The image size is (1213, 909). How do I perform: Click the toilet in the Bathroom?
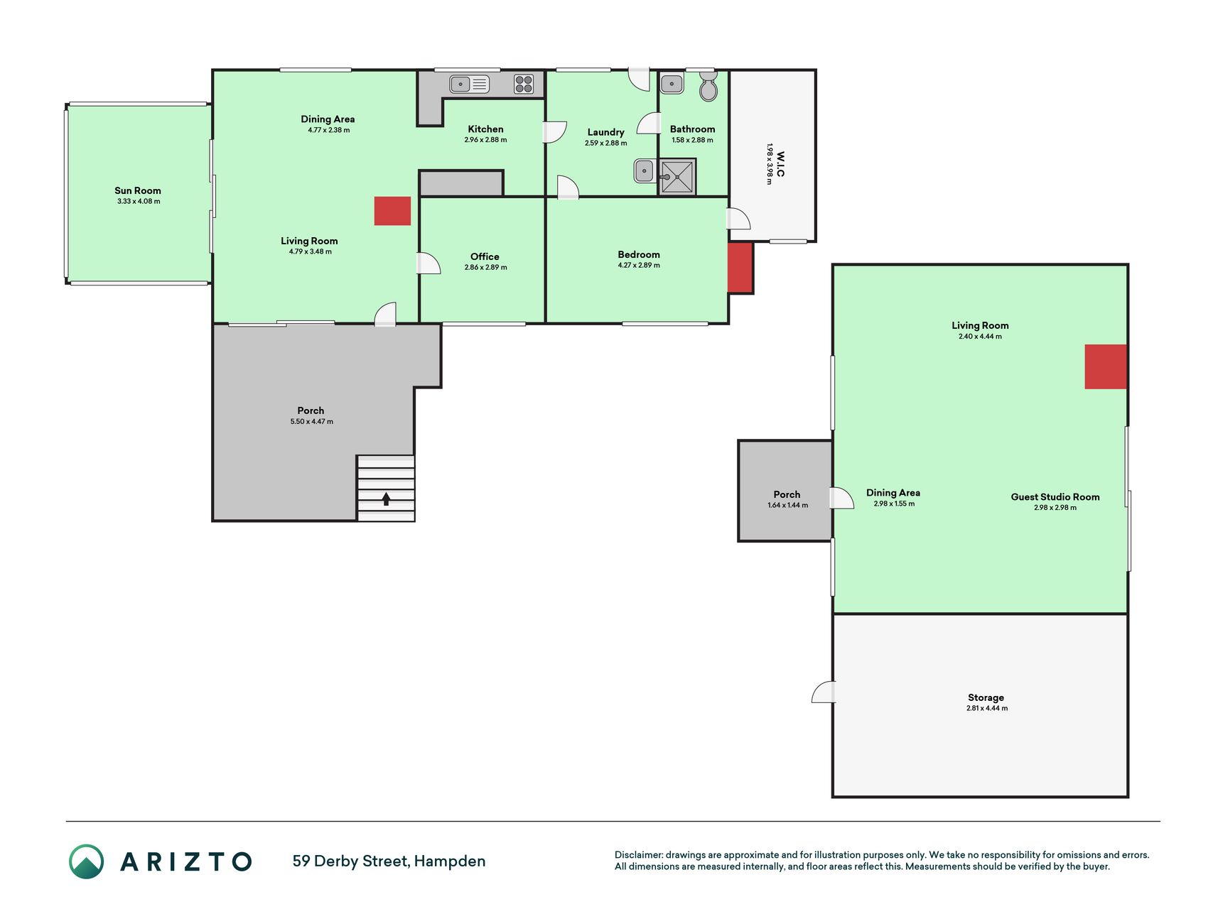point(708,87)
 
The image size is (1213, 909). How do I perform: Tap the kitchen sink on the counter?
point(470,85)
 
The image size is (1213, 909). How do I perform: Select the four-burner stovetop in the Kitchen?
point(524,84)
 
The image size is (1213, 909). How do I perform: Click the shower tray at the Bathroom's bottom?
point(676,176)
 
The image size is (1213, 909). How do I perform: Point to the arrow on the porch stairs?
point(386,499)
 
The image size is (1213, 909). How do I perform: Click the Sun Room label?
point(138,190)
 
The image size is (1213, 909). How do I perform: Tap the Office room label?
point(485,256)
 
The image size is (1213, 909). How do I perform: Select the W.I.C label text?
point(780,164)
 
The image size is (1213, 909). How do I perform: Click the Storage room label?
point(986,697)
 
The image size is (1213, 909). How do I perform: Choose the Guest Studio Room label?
point(1055,497)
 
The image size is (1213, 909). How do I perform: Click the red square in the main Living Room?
point(392,211)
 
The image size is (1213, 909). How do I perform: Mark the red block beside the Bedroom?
point(740,267)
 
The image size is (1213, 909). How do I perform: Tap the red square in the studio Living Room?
point(1106,366)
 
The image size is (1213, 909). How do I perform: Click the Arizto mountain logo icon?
point(86,861)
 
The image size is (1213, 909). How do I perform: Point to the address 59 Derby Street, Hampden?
point(389,861)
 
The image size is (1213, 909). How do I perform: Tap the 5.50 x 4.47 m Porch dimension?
point(311,422)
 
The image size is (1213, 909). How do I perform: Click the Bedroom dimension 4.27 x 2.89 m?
point(639,266)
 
